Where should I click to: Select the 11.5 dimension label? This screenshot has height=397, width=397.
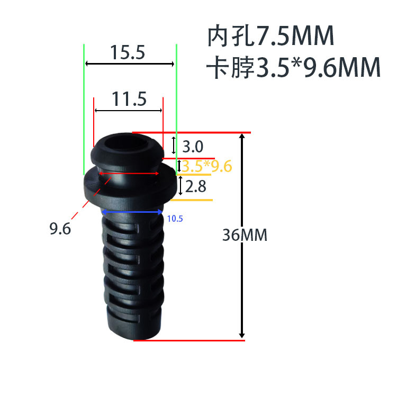pos(129,99)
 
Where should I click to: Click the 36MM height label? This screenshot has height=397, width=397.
pos(245,235)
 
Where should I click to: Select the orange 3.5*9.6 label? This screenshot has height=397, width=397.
pos(207,166)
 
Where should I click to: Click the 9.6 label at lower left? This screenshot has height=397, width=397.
pos(60,229)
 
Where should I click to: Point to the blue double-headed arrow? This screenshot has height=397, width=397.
pos(132,212)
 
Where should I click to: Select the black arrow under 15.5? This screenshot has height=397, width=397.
pos(130,64)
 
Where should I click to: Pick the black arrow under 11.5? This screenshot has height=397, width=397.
pos(128,110)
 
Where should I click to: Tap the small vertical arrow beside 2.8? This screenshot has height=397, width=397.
pos(180,186)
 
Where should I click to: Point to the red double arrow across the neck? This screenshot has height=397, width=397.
pos(129,173)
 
